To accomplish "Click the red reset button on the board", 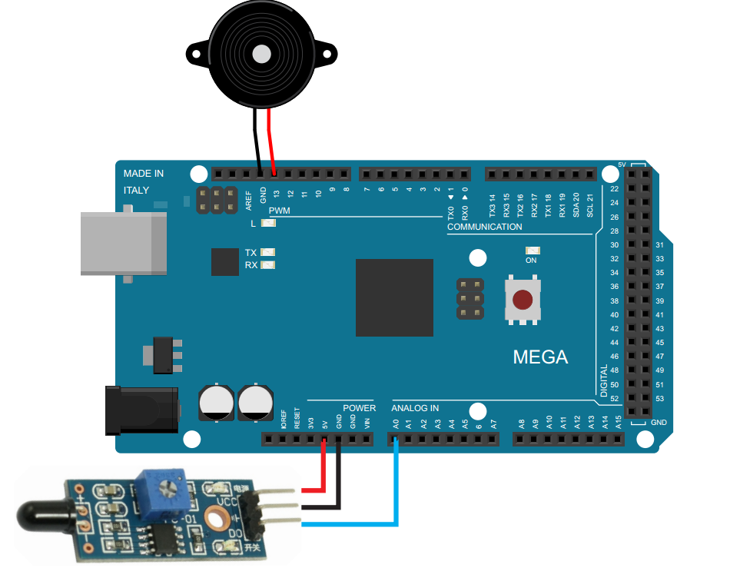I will point(523,300).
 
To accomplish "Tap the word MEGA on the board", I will point(540,357).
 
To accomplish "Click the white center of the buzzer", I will point(262,54).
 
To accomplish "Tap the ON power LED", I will point(531,251).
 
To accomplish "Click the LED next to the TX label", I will point(268,252).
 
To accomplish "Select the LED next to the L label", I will point(268,224).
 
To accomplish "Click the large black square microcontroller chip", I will point(394,297).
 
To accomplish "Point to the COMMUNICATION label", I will point(484,227).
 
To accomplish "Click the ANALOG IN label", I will point(415,408).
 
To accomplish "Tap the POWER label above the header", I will point(359,408).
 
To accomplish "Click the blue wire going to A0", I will point(397,484).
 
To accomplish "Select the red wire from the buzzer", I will point(271,138).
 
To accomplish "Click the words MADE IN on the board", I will point(144,174).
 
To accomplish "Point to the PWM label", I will point(279,211).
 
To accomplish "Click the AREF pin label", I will point(249,201).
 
